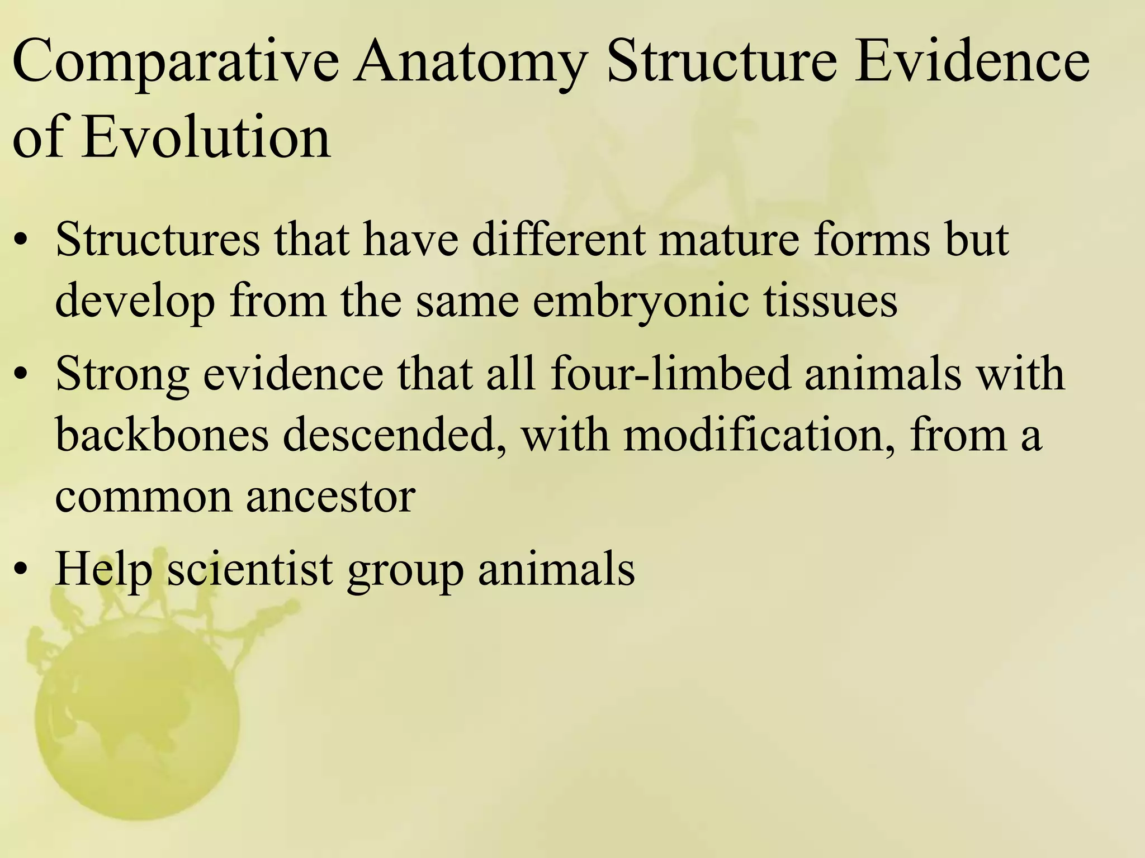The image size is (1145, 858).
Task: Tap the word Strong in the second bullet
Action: pos(122,374)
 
